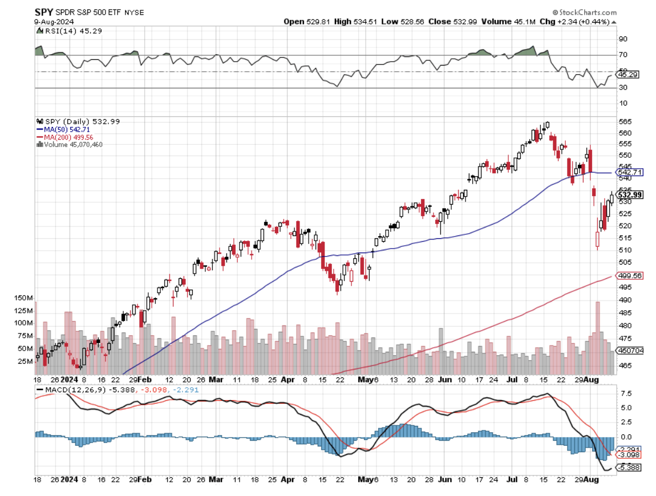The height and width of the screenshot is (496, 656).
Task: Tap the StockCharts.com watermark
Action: [x=584, y=12]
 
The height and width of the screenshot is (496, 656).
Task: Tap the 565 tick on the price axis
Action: [x=624, y=122]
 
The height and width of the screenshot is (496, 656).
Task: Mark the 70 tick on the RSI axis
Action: [x=623, y=55]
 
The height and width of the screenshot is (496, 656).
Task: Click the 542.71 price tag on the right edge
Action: [x=630, y=172]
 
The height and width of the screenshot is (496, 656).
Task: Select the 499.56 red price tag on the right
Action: [x=630, y=275]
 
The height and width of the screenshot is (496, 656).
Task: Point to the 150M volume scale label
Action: [x=23, y=298]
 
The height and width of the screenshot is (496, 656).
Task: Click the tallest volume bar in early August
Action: [x=598, y=331]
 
